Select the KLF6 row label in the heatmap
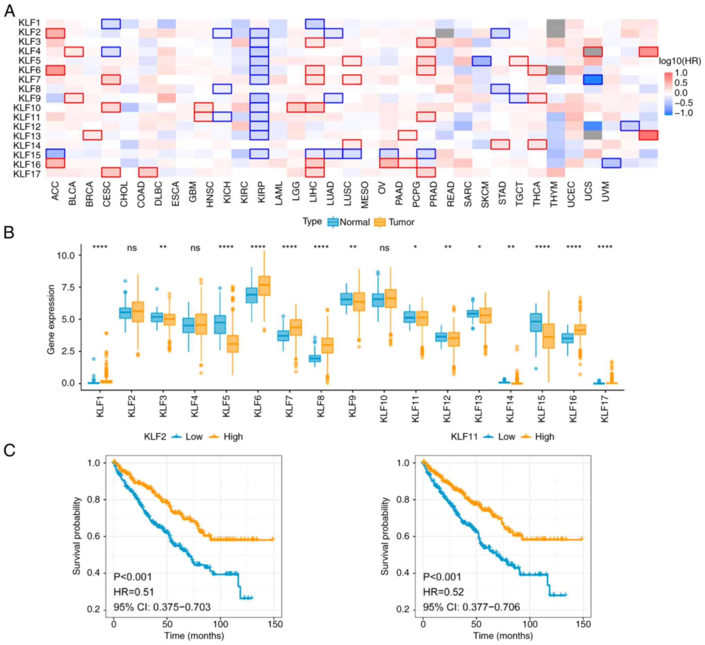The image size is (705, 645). coord(29,70)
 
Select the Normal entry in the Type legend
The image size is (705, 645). coord(354,222)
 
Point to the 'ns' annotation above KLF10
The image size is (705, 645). coord(384,248)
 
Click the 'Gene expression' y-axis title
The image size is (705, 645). coord(51,319)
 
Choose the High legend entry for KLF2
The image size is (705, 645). coord(233,437)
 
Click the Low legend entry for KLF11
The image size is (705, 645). coord(506,437)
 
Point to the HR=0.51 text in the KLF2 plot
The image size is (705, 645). coord(134,592)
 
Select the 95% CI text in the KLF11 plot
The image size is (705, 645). coord(472,607)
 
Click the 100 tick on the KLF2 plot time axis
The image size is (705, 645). coord(221,624)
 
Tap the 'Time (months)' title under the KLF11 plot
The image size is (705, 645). coord(503,635)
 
